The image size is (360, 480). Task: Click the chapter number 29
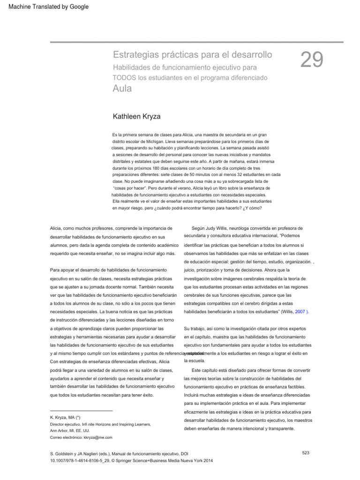click(x=312, y=61)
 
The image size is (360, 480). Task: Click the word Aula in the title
click(x=122, y=88)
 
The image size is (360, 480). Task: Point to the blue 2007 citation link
click(x=300, y=311)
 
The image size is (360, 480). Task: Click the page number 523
click(x=306, y=452)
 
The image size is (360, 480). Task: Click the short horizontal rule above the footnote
click(x=81, y=411)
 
